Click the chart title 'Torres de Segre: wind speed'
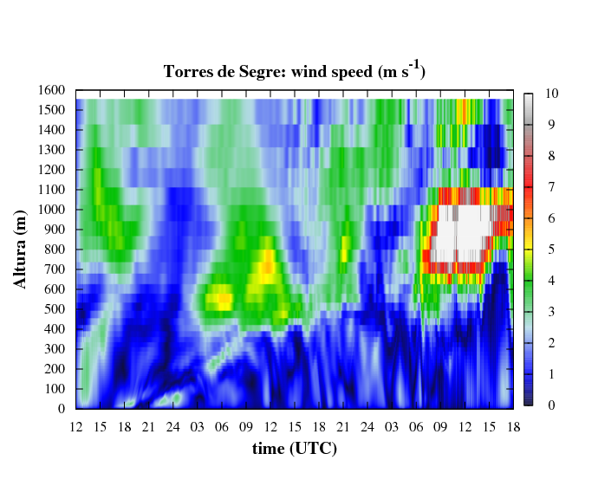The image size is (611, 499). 268,72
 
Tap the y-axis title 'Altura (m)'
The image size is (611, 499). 20,249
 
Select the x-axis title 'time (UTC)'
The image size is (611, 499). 295,449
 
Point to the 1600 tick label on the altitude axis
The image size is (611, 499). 51,90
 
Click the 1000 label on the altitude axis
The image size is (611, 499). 51,210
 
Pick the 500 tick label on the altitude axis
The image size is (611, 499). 55,309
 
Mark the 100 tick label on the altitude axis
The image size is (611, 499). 55,389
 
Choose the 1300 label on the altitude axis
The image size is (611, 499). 51,150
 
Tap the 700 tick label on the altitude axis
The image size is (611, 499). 55,269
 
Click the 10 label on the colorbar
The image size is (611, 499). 552,94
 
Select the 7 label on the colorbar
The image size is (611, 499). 551,187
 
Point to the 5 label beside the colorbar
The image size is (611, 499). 551,249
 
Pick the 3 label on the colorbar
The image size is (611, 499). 551,312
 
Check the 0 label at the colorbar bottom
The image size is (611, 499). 551,405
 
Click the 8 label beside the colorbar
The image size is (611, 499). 551,156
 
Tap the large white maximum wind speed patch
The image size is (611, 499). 460,234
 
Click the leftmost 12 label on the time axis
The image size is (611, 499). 76,427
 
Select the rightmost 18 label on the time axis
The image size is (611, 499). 514,427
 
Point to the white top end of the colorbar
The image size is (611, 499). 529,96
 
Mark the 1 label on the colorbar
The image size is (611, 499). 551,374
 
